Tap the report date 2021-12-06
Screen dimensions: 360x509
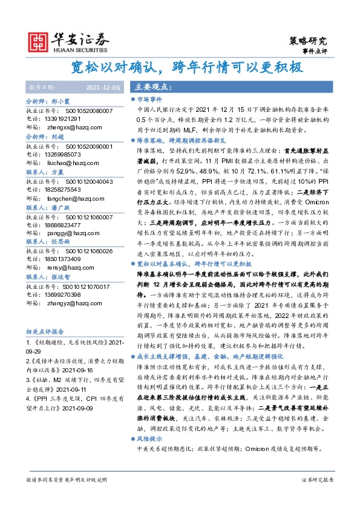click(x=103, y=88)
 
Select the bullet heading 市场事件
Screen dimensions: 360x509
click(x=150, y=98)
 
